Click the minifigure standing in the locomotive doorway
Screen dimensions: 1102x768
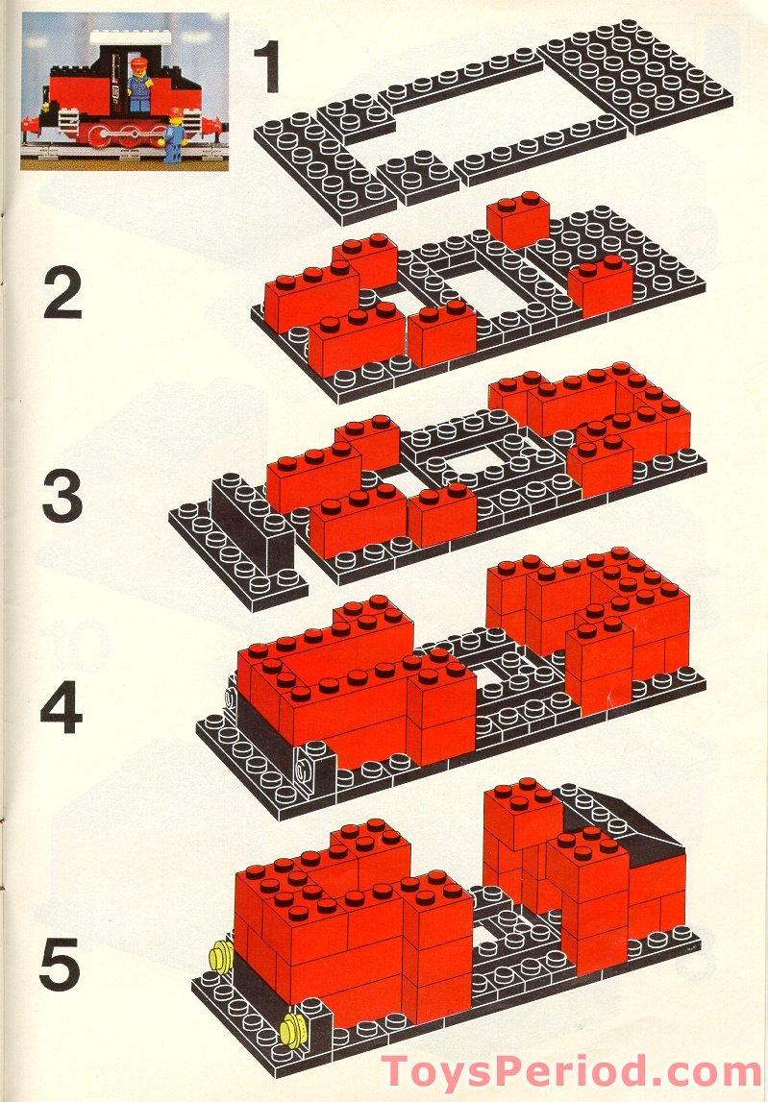point(139,85)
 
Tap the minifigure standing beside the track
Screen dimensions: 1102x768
point(175,135)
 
